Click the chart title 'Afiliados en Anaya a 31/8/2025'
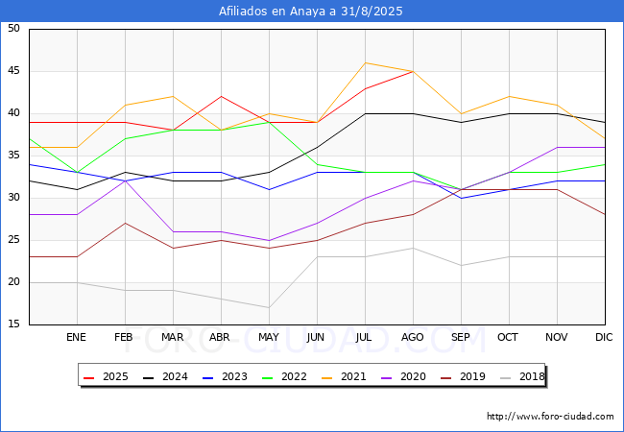click(x=311, y=12)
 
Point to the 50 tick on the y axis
click(x=13, y=29)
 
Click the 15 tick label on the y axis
click(x=13, y=324)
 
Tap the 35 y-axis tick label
click(x=13, y=156)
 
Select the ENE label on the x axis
click(x=77, y=338)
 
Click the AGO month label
click(x=413, y=338)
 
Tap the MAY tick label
click(x=269, y=338)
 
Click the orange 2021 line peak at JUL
click(x=365, y=62)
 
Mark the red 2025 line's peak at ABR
click(x=221, y=96)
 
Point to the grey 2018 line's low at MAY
click(x=269, y=307)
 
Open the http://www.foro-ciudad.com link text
click(x=550, y=417)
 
